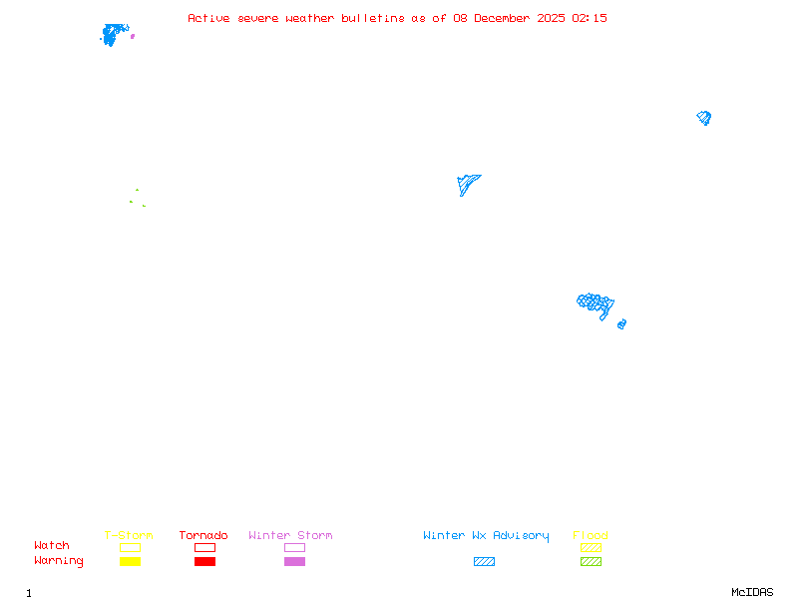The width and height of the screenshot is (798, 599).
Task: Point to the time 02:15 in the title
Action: pyautogui.click(x=590, y=18)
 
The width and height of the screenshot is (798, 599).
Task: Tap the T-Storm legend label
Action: pyautogui.click(x=129, y=536)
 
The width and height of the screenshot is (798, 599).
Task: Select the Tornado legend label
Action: pyautogui.click(x=203, y=536)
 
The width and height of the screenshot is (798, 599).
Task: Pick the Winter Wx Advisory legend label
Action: pyautogui.click(x=486, y=536)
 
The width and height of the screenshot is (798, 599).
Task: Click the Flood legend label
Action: pyautogui.click(x=591, y=536)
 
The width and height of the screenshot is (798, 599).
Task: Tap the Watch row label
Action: pyautogui.click(x=52, y=546)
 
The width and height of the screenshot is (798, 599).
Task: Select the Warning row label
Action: pyautogui.click(x=59, y=561)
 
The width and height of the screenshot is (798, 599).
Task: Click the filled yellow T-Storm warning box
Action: pyautogui.click(x=130, y=562)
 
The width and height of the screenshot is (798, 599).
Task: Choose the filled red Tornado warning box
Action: pyautogui.click(x=204, y=562)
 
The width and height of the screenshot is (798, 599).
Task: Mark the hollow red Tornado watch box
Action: pyautogui.click(x=204, y=547)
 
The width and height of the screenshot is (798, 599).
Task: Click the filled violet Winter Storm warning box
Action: pyautogui.click(x=294, y=562)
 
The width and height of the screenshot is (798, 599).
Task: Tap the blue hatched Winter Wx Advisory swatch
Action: pyautogui.click(x=484, y=562)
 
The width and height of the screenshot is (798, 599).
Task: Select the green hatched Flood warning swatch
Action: pyautogui.click(x=591, y=562)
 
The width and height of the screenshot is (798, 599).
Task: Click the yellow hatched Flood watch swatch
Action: pyautogui.click(x=591, y=547)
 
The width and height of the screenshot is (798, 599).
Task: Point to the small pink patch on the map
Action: pyautogui.click(x=133, y=36)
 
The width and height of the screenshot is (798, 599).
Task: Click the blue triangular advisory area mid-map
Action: pyautogui.click(x=466, y=183)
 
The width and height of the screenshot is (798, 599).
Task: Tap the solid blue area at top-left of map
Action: pyautogui.click(x=114, y=34)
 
